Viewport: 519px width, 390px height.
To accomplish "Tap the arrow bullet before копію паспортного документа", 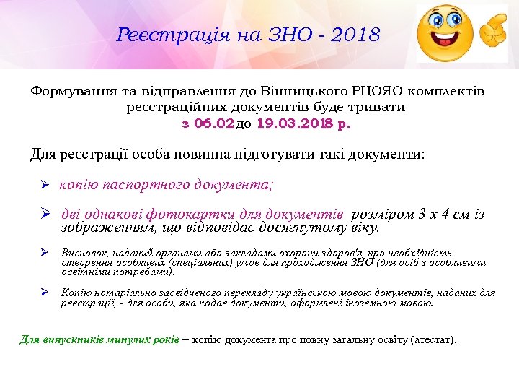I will [x=43, y=185].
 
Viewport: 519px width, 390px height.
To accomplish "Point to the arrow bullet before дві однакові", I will [x=44, y=214].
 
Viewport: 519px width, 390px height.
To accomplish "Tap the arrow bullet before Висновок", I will [x=44, y=253].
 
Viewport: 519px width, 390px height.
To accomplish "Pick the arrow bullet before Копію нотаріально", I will [x=44, y=293].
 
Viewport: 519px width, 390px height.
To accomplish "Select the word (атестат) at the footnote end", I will [x=432, y=339].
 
